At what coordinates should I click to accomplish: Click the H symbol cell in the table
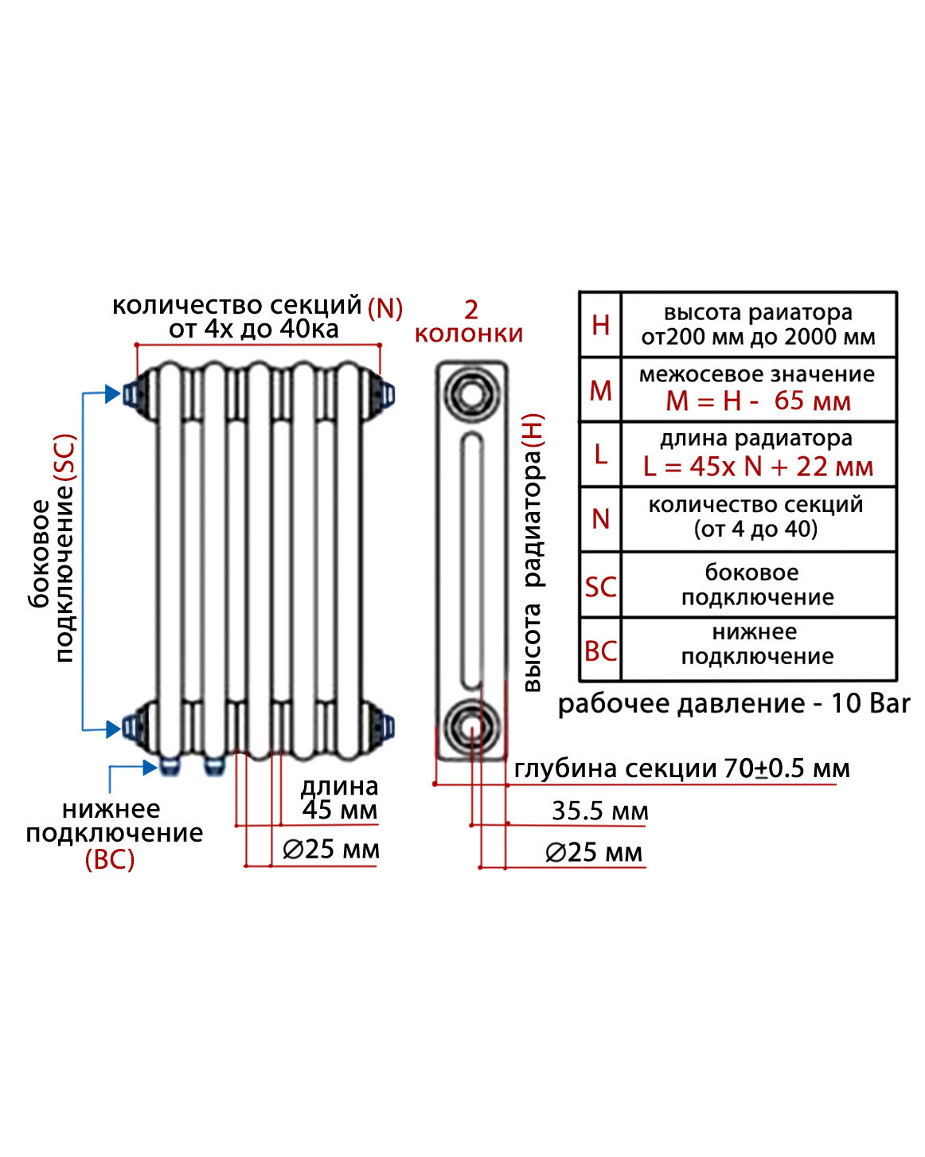pyautogui.click(x=600, y=325)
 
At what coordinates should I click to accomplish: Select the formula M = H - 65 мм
pyautogui.click(x=758, y=401)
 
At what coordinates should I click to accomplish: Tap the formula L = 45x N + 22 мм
pyautogui.click(x=758, y=467)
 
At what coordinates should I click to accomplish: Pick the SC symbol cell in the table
pyautogui.click(x=600, y=587)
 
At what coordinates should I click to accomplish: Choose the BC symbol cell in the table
pyautogui.click(x=600, y=651)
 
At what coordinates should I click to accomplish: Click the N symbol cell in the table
pyautogui.click(x=600, y=519)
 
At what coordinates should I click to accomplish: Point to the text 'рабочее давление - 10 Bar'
pyautogui.click(x=733, y=704)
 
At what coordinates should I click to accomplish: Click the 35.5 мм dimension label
pyautogui.click(x=600, y=811)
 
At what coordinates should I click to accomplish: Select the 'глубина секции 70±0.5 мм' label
pyautogui.click(x=681, y=768)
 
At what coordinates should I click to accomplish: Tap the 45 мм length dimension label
pyautogui.click(x=340, y=810)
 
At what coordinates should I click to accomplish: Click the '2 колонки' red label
pyautogui.click(x=470, y=322)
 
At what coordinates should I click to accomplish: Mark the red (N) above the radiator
pyautogui.click(x=385, y=308)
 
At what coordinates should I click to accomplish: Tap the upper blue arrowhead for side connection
pyautogui.click(x=112, y=393)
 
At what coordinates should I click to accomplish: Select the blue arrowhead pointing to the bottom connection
pyautogui.click(x=150, y=767)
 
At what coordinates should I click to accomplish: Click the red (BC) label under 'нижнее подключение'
pyautogui.click(x=110, y=859)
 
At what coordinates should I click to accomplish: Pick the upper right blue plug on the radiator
pyautogui.click(x=388, y=394)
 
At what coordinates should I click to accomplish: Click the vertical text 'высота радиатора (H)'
pyautogui.click(x=533, y=552)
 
